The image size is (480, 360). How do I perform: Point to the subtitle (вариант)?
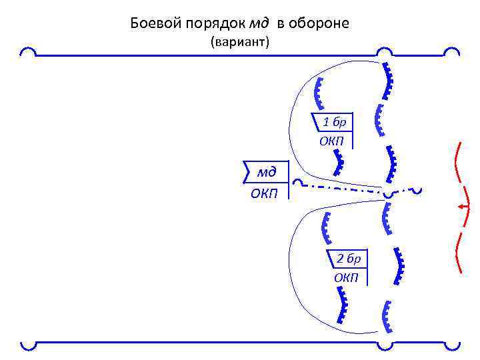[x=239, y=43]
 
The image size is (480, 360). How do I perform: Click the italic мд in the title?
[x=259, y=25]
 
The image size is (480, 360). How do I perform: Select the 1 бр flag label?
[x=334, y=123]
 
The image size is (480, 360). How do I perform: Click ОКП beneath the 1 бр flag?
[x=331, y=141]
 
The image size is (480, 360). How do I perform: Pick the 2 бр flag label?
[x=347, y=259]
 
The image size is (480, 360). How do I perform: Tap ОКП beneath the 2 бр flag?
[x=346, y=277]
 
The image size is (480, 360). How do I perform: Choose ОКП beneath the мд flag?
[x=265, y=193]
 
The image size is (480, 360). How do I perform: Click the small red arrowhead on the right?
[x=461, y=207]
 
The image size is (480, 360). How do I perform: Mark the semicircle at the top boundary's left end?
[x=29, y=52]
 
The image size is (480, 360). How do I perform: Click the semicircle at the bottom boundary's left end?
[x=28, y=345]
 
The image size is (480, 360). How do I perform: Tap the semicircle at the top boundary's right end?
[x=451, y=52]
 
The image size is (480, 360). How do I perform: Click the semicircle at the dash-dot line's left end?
[x=299, y=182]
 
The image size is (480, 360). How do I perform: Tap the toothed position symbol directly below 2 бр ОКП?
[x=343, y=307]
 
